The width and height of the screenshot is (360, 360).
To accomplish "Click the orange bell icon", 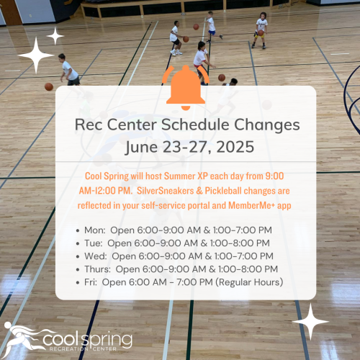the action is click(x=186, y=88).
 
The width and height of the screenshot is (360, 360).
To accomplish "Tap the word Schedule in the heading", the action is click(x=195, y=125).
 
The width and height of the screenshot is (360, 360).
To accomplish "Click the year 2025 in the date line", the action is click(x=235, y=147).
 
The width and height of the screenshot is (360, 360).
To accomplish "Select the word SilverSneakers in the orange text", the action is click(x=166, y=191).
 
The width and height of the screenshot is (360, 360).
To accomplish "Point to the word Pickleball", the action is click(x=223, y=191).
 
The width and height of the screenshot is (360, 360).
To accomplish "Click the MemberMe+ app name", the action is click(x=260, y=206).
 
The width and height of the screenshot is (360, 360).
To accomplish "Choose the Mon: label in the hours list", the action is click(x=95, y=230).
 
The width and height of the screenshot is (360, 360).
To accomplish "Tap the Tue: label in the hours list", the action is click(x=94, y=243).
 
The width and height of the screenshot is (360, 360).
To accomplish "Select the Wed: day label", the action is click(x=96, y=256).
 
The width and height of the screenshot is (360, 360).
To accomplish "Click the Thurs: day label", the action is click(x=97, y=269).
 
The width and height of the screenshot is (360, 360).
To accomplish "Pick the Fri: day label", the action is click(x=91, y=282).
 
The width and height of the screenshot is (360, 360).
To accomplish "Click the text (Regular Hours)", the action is click(x=249, y=282).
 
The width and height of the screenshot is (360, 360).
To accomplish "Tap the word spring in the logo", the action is click(x=107, y=341).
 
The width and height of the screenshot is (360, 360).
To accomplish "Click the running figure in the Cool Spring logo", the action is click(x=20, y=337).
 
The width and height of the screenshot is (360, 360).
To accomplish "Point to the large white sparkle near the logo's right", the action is click(x=310, y=322).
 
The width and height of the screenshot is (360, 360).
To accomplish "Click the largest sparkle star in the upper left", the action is click(x=36, y=55).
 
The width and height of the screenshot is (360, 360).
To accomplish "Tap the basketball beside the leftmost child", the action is click(x=49, y=86).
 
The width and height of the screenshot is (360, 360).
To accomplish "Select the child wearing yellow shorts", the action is click(x=261, y=30).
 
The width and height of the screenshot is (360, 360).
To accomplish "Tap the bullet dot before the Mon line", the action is click(x=78, y=230).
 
